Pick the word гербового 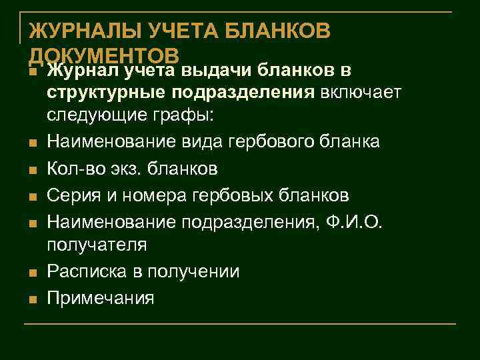[x=264, y=142]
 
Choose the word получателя [x=97, y=246]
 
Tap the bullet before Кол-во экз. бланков [x=32, y=171]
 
